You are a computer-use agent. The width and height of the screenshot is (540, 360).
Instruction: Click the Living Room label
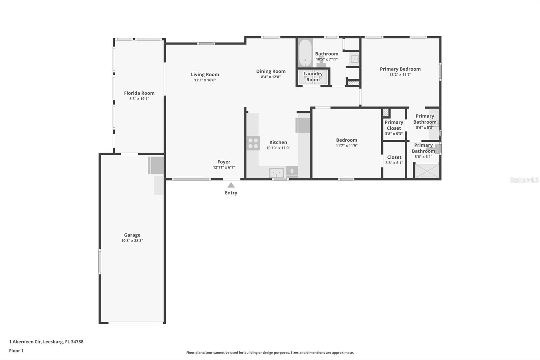(205, 75)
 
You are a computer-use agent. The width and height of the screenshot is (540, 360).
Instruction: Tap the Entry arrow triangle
(231, 185)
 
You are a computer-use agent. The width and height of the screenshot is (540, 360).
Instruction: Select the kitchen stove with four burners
(253, 143)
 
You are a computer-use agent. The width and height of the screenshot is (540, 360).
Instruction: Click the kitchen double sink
(276, 173)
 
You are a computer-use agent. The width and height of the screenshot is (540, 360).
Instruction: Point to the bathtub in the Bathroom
(305, 53)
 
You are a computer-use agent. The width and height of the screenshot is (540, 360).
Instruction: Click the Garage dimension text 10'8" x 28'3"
(132, 241)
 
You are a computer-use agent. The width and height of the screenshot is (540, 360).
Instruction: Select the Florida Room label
(139, 93)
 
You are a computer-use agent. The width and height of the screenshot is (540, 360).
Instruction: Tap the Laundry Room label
(313, 77)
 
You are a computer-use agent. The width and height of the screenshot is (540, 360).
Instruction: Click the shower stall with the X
(427, 171)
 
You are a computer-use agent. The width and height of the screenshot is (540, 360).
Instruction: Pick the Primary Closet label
(394, 125)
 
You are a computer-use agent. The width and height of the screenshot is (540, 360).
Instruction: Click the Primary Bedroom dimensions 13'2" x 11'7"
(400, 75)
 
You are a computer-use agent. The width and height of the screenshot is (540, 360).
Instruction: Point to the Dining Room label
(271, 71)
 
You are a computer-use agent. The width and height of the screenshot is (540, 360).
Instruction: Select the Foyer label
(224, 162)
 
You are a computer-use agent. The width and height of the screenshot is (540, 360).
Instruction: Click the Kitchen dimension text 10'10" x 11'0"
(278, 148)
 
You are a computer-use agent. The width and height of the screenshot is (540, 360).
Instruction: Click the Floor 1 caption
(16, 351)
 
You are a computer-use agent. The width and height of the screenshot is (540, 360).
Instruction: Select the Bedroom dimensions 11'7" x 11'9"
(347, 146)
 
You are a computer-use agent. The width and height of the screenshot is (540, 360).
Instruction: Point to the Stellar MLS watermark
(524, 180)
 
